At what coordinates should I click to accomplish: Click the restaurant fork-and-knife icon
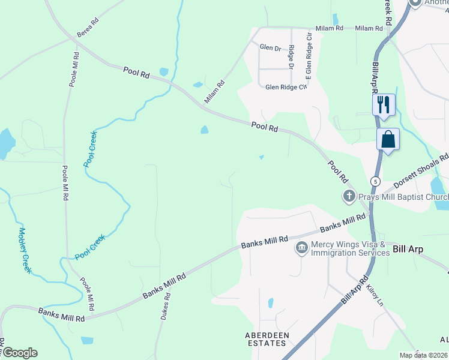pos(383,104)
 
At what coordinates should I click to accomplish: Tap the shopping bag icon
pos(388,139)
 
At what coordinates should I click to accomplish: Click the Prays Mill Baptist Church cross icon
pos(349,196)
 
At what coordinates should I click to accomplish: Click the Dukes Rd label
pos(166,306)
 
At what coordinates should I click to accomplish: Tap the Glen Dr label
pos(270,47)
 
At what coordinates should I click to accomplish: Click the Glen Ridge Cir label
pos(286,87)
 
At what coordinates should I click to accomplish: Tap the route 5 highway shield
pos(375,181)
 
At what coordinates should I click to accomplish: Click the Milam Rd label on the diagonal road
pos(214,92)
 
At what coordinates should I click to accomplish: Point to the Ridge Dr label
pos(291,58)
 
